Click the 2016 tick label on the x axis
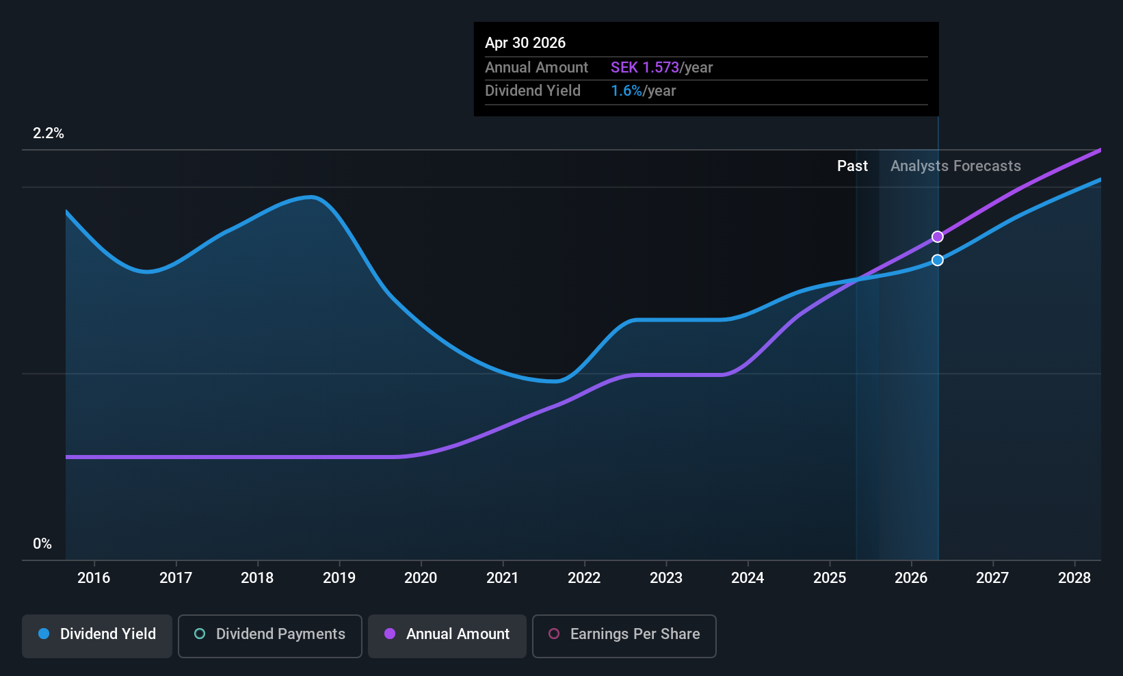pyautogui.click(x=94, y=578)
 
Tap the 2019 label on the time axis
pyautogui.click(x=339, y=578)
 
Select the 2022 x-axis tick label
pyautogui.click(x=584, y=578)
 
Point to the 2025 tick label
pyautogui.click(x=830, y=578)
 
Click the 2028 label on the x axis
pyautogui.click(x=1074, y=578)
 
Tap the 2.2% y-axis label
pyautogui.click(x=49, y=133)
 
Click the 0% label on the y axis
pyautogui.click(x=42, y=544)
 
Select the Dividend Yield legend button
pyautogui.click(x=97, y=634)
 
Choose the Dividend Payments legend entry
pyautogui.click(x=269, y=634)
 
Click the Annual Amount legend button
pyautogui.click(x=447, y=634)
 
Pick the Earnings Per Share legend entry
pyautogui.click(x=624, y=634)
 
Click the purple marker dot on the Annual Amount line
pyautogui.click(x=938, y=237)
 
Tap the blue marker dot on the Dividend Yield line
pyautogui.click(x=938, y=260)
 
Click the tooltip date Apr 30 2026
pyautogui.click(x=525, y=43)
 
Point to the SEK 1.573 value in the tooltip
pyautogui.click(x=644, y=68)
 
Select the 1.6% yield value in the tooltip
pyautogui.click(x=626, y=91)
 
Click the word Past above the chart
pyautogui.click(x=852, y=166)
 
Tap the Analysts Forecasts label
pyautogui.click(x=955, y=166)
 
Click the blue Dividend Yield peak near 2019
pyautogui.click(x=312, y=197)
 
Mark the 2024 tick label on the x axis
pyautogui.click(x=748, y=578)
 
